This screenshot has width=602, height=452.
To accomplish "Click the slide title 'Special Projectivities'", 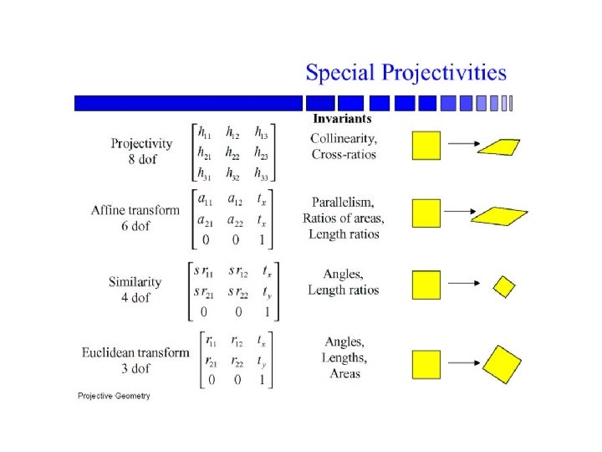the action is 406,72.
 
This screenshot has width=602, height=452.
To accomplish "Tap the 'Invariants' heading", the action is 342,119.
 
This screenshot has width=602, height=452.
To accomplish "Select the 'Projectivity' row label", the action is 141,143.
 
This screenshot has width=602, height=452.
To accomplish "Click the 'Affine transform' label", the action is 135,209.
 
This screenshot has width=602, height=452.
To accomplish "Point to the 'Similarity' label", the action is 135,282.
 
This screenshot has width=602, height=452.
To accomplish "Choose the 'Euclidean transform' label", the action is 135,352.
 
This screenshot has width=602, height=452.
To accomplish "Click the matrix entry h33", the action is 263,173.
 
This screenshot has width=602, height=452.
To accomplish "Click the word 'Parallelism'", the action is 344,203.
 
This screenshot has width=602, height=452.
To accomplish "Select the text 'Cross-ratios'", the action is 344,154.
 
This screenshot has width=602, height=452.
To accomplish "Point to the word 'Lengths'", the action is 344,357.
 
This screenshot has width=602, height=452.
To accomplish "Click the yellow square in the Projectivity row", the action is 426,145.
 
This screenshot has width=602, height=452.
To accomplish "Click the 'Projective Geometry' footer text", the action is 114,395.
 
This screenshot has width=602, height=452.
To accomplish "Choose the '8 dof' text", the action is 141,159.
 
